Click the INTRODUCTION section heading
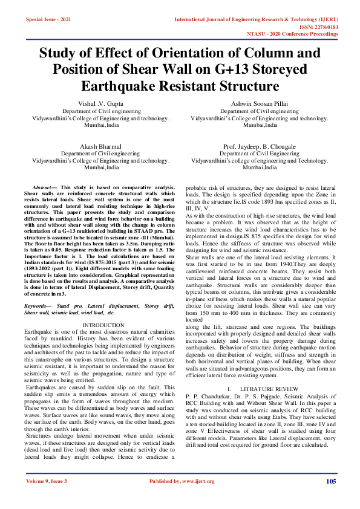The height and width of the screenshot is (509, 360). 99,325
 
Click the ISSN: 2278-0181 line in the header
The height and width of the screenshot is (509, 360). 318,27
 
